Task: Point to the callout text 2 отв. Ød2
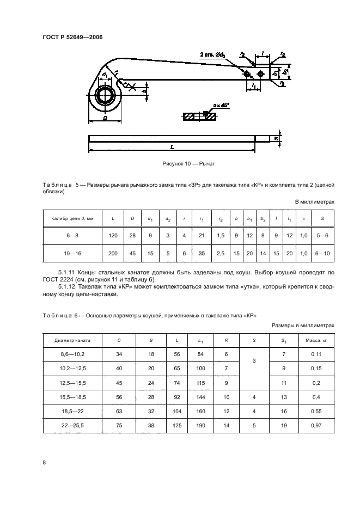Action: pyautogui.click(x=213, y=55)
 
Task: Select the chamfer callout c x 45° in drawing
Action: pyautogui.click(x=222, y=105)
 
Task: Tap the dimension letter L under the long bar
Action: pyautogui.click(x=172, y=147)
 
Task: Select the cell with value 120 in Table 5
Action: pyautogui.click(x=113, y=236)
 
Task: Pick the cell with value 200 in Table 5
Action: pyautogui.click(x=113, y=253)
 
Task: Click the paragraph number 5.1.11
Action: pyautogui.click(x=69, y=271)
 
